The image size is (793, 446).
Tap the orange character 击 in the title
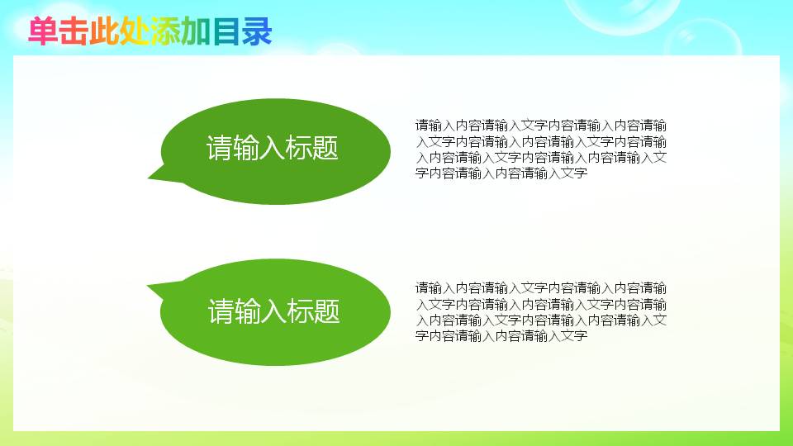click(74, 32)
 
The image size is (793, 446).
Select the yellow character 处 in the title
click(135, 32)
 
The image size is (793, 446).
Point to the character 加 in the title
click(195, 32)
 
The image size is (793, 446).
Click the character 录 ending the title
click(257, 32)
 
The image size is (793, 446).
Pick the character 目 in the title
click(226, 32)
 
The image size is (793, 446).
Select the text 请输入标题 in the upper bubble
click(273, 149)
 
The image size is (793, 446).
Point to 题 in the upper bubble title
click(326, 149)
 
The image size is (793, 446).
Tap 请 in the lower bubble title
click(221, 312)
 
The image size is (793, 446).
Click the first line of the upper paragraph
click(541, 126)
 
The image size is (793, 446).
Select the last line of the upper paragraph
click(501, 173)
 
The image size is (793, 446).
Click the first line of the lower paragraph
click(541, 288)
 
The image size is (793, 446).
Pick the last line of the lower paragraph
click(501, 336)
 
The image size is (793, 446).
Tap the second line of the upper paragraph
click(541, 141)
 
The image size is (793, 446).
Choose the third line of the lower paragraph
click(541, 320)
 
